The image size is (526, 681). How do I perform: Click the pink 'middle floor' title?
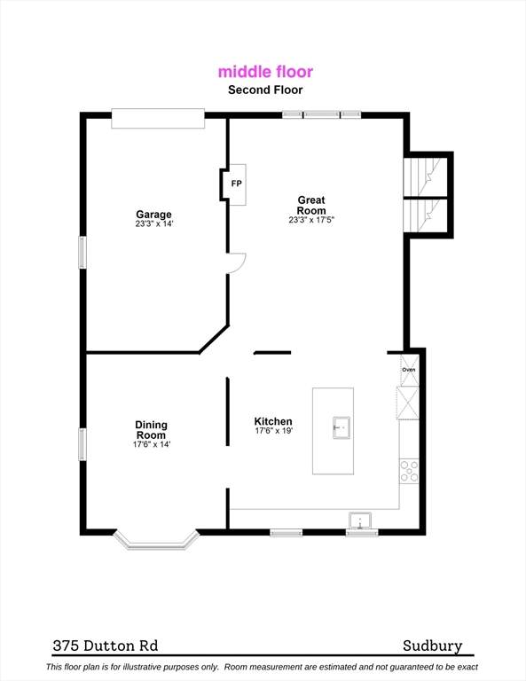[x=265, y=72]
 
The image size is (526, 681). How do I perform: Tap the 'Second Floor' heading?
[x=265, y=90]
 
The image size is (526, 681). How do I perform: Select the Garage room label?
[x=153, y=214]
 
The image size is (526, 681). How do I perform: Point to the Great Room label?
[x=311, y=205]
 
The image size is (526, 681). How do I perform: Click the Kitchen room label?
[x=273, y=421]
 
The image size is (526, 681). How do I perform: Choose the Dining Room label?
[x=151, y=430]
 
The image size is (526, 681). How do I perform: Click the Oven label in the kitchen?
[x=409, y=370]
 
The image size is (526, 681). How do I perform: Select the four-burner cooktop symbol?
[x=409, y=471]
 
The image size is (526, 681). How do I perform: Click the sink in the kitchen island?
[x=342, y=427]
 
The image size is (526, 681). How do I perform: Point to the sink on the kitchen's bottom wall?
[x=360, y=521]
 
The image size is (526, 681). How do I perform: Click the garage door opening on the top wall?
[x=158, y=119]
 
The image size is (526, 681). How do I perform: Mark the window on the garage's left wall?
[x=82, y=252]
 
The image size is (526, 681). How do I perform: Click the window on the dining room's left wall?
[x=82, y=444]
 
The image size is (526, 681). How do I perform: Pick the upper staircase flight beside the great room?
[x=425, y=176]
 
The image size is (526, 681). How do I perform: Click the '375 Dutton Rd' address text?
[x=106, y=646]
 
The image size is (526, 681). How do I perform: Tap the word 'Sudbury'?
[x=433, y=646]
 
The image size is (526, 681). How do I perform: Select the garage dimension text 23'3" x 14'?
[x=154, y=224]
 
